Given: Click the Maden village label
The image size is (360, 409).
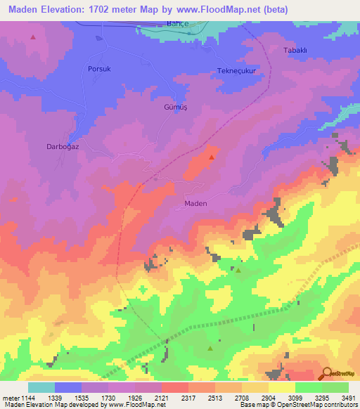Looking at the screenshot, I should click(x=195, y=203).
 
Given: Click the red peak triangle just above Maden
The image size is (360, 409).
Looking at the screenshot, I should click(x=211, y=157).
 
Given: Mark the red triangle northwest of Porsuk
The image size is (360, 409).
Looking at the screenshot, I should click(x=33, y=37).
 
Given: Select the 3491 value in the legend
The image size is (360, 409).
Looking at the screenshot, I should click(x=348, y=398).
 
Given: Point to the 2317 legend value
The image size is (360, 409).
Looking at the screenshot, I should click(x=188, y=398).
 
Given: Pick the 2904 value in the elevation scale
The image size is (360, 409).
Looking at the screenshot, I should click(x=268, y=398).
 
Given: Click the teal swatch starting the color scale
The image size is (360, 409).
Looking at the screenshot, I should click(x=41, y=387).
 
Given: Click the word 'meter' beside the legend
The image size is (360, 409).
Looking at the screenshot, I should click(x=10, y=398).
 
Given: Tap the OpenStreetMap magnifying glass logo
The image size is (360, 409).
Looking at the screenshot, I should click(x=327, y=373).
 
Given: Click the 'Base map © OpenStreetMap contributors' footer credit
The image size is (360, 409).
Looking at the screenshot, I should click(x=296, y=405).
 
